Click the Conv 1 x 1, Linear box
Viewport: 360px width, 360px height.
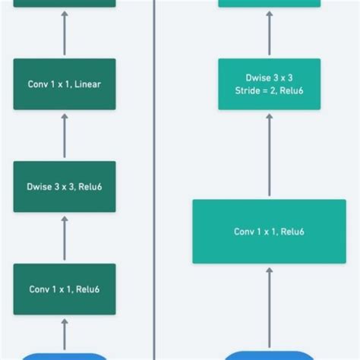point(65,84)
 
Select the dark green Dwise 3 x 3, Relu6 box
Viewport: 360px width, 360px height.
point(65,186)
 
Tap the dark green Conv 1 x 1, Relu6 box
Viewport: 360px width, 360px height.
point(65,289)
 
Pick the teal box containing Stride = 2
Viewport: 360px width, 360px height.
point(269,84)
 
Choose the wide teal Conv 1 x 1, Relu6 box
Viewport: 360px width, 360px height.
point(269,231)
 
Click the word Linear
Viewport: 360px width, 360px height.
point(86,84)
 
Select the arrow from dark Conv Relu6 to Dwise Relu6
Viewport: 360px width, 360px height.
point(65,238)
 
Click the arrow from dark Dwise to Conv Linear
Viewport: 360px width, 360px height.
point(65,135)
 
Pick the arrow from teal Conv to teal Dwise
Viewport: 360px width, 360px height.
point(269,155)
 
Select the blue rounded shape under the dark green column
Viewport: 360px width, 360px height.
point(65,355)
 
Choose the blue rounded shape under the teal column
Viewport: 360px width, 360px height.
point(269,355)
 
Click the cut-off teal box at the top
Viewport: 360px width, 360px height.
point(269,3)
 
